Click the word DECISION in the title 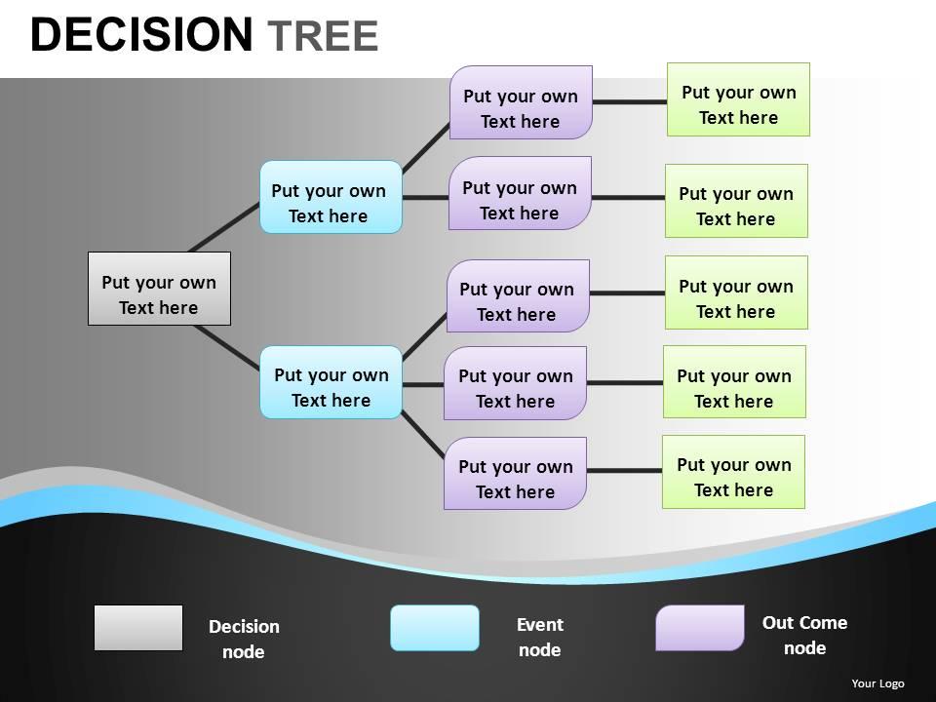tap(141, 35)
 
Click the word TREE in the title tap(322, 36)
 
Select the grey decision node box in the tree tap(159, 289)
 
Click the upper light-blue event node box tap(331, 197)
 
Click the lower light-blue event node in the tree tap(331, 382)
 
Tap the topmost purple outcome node tap(521, 102)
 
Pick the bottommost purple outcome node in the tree tap(515, 473)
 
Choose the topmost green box tap(738, 99)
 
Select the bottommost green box tap(733, 472)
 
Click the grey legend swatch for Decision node tap(138, 628)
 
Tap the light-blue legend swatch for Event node tap(435, 628)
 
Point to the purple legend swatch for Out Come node tap(700, 628)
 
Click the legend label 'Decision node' tap(244, 639)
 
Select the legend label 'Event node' tap(540, 637)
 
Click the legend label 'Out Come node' tap(804, 635)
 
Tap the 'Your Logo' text tap(877, 683)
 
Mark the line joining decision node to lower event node tap(226, 348)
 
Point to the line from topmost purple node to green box tap(629, 100)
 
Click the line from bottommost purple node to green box tap(624, 471)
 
